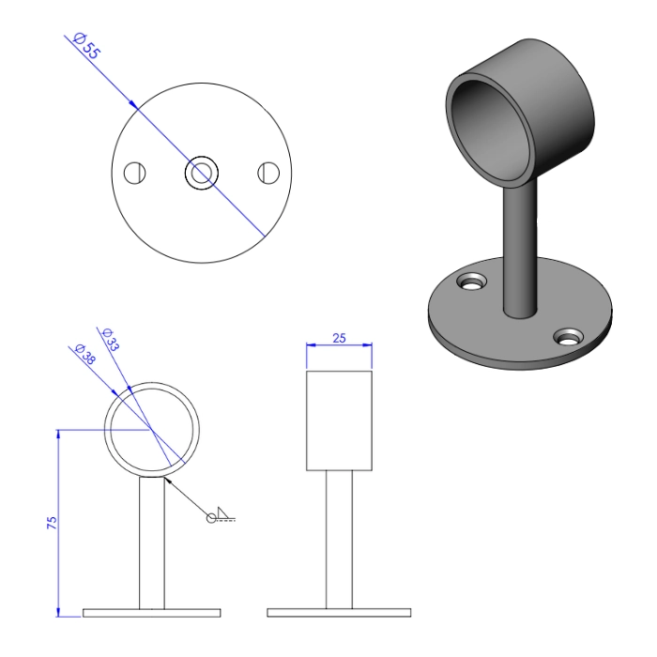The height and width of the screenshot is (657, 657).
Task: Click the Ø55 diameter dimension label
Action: coord(85,47)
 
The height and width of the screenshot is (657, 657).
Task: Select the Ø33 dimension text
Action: coord(109,339)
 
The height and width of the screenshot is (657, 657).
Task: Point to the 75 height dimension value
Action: coord(53,522)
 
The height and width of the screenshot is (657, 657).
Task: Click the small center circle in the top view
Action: coord(202,173)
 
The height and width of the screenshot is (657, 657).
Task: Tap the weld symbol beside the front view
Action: coord(222,514)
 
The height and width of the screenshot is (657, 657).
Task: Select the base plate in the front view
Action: coord(152,612)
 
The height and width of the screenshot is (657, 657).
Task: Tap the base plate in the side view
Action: coord(339,612)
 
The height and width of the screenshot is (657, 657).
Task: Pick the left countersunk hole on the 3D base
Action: coord(470,281)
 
